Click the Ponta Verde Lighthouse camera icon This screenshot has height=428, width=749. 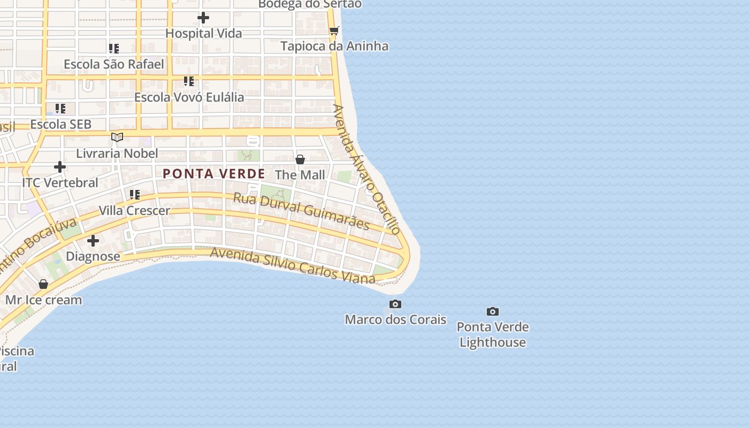pyautogui.click(x=493, y=311)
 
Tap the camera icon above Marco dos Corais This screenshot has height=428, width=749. pyautogui.click(x=395, y=304)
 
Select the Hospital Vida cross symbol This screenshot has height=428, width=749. pyautogui.click(x=203, y=18)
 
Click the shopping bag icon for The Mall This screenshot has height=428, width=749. pyautogui.click(x=300, y=159)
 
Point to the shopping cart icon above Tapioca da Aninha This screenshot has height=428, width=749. pyautogui.click(x=334, y=30)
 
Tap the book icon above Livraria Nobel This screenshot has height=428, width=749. pyautogui.click(x=117, y=137)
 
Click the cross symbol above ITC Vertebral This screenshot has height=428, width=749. pyautogui.click(x=60, y=167)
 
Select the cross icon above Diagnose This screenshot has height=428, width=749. pyautogui.click(x=93, y=241)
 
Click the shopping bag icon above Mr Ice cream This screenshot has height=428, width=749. pyautogui.click(x=43, y=284)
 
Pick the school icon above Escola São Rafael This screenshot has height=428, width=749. pyautogui.click(x=114, y=49)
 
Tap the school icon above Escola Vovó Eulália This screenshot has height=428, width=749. pyautogui.click(x=189, y=81)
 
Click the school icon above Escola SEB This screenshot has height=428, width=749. pyautogui.click(x=60, y=109)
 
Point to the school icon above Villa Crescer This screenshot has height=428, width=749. pyautogui.click(x=135, y=195)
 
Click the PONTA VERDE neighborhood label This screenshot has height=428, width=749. pyautogui.click(x=214, y=174)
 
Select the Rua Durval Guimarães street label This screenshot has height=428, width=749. pyautogui.click(x=301, y=211)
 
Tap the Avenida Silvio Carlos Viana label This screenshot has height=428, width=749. pyautogui.click(x=293, y=265)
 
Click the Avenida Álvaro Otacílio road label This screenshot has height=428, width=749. pyautogui.click(x=366, y=169)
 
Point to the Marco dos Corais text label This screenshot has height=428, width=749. pyautogui.click(x=395, y=319)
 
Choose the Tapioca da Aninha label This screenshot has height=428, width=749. pyautogui.click(x=334, y=46)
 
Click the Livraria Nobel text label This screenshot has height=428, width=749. pyautogui.click(x=117, y=154)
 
